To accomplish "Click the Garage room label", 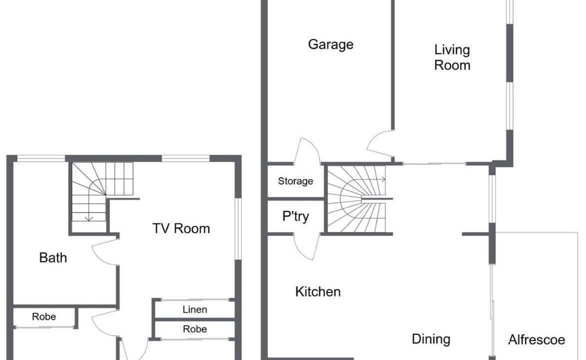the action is pyautogui.click(x=330, y=44).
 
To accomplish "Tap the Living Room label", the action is pyautogui.click(x=452, y=57).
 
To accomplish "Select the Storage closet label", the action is pyautogui.click(x=295, y=181).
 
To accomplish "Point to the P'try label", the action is pyautogui.click(x=295, y=216).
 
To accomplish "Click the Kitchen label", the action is pyautogui.click(x=317, y=291).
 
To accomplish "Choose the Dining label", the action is pyautogui.click(x=431, y=339).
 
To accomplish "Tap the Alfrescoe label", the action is pyautogui.click(x=536, y=340).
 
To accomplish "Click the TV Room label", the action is pyautogui.click(x=181, y=228).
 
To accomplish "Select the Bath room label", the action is pyautogui.click(x=53, y=257).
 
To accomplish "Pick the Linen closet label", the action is pyautogui.click(x=194, y=309).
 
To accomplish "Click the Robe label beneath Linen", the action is pyautogui.click(x=194, y=329).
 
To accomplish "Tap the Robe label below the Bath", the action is pyautogui.click(x=43, y=316).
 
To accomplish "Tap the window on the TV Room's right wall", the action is pyautogui.click(x=238, y=228).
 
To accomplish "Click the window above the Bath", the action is pyautogui.click(x=41, y=158).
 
